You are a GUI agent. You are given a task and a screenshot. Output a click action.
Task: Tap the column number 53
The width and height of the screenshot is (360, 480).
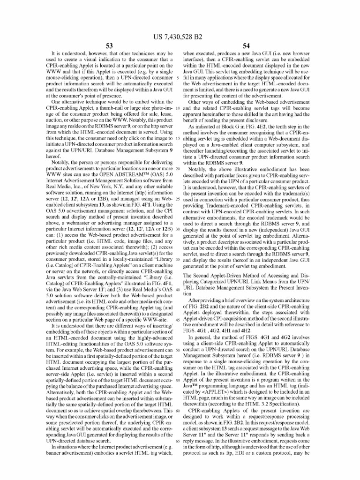coord(109,46)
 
